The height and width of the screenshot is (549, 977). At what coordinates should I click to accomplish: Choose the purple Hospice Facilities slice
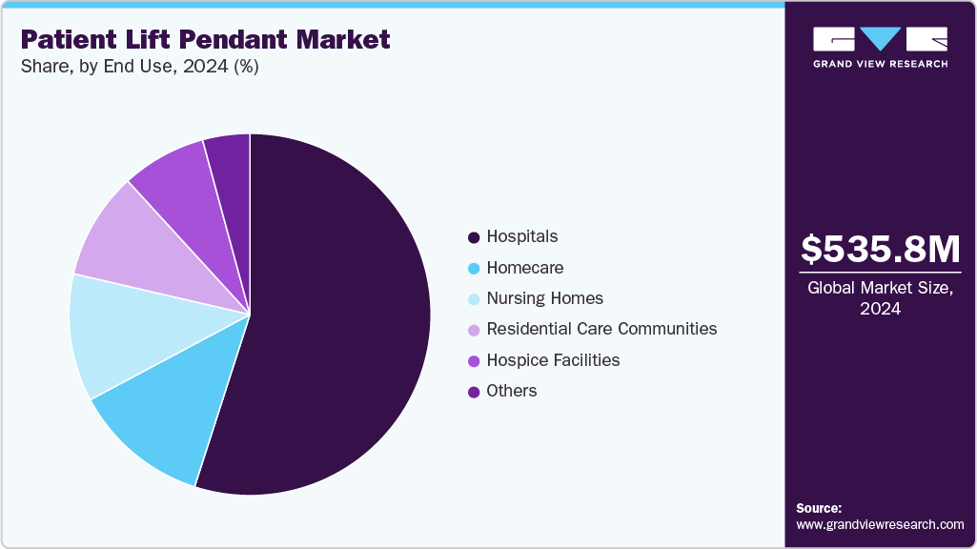(x=176, y=181)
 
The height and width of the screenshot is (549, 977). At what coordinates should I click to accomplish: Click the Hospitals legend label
(x=521, y=236)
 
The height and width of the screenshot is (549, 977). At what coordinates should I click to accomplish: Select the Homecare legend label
(x=524, y=268)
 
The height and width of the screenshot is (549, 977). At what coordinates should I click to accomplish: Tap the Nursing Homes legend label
(x=544, y=298)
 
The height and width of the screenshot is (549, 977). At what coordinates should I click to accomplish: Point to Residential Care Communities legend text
(x=601, y=329)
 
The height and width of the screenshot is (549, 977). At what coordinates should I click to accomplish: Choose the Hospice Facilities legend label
(x=553, y=360)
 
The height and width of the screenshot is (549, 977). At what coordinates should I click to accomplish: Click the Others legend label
(x=512, y=391)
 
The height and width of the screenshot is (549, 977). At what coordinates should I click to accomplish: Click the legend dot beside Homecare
(x=473, y=269)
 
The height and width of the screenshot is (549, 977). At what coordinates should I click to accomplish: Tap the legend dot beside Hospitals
(x=473, y=237)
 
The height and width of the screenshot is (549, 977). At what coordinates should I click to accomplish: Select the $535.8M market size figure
(x=880, y=250)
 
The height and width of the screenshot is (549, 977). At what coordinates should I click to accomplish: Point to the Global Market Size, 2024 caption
(x=880, y=298)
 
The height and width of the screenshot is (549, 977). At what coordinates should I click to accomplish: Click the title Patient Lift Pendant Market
(x=205, y=39)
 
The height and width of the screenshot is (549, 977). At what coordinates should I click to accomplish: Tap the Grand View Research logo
(x=880, y=47)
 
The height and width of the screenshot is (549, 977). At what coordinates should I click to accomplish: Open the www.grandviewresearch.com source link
(x=880, y=524)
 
